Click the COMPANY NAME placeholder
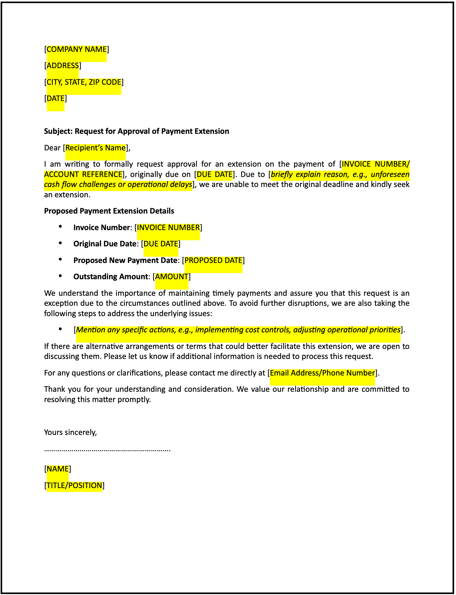(77, 49)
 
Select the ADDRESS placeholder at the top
(63, 66)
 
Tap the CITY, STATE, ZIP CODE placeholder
(84, 82)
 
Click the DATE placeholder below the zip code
(56, 98)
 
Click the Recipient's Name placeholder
(95, 148)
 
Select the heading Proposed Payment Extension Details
(109, 211)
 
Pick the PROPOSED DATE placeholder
(213, 260)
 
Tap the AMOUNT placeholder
(172, 277)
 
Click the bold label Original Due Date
(105, 244)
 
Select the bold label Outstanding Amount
(110, 277)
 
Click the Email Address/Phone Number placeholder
(322, 373)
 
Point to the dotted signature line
(107, 450)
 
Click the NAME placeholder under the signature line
(58, 469)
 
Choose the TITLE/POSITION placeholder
(74, 486)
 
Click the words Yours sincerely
(70, 432)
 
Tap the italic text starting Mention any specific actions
(238, 330)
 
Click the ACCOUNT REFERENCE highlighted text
(83, 174)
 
